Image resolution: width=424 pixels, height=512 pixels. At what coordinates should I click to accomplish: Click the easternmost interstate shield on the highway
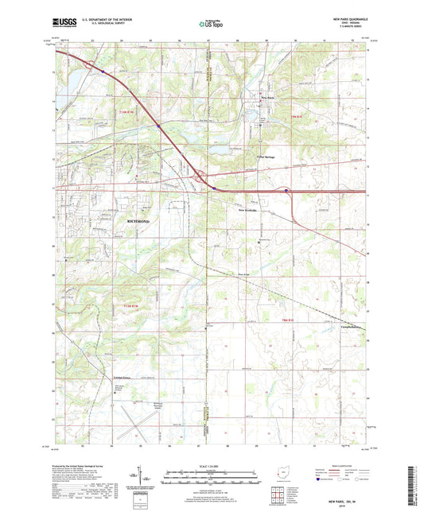coord(287,191)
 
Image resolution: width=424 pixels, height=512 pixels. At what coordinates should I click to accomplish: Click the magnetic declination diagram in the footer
coord(146,478)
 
